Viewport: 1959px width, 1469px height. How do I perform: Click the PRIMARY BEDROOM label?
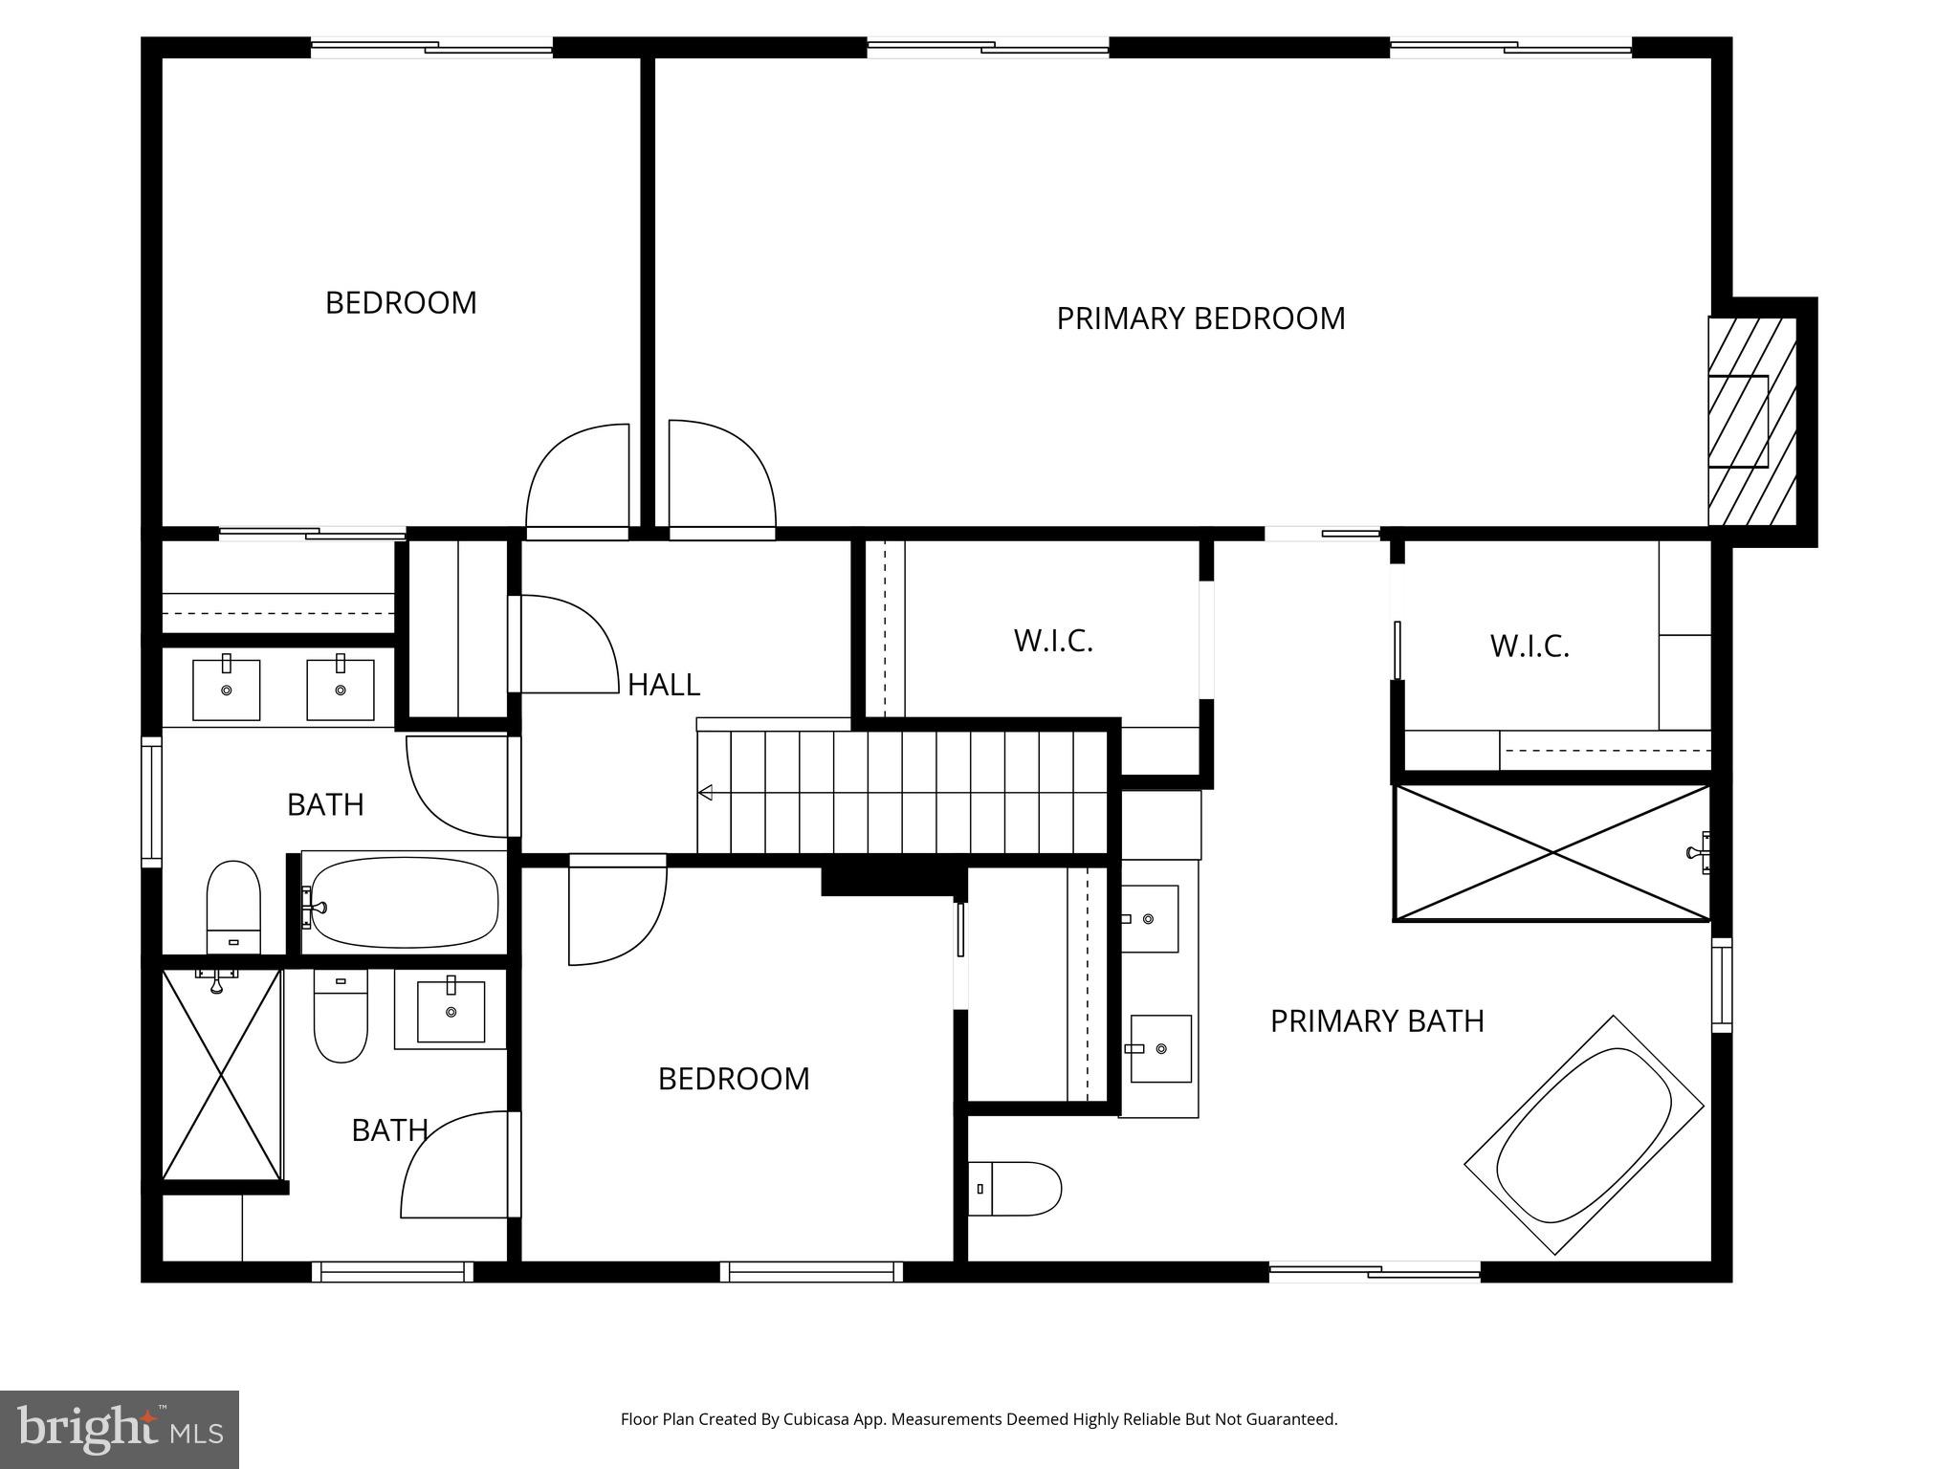pyautogui.click(x=1200, y=318)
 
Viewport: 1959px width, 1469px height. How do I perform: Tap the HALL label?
pyautogui.click(x=663, y=685)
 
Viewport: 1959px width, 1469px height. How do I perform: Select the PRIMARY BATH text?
pyautogui.click(x=1376, y=1021)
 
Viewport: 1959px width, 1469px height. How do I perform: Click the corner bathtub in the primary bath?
pyautogui.click(x=1583, y=1135)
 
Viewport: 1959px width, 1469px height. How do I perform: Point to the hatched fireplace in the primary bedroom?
pyautogui.click(x=1751, y=422)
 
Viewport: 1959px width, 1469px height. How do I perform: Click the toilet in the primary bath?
pyautogui.click(x=1014, y=1189)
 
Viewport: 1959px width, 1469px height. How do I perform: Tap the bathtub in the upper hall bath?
pyautogui.click(x=404, y=902)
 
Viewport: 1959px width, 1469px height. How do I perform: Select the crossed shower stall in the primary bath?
pyautogui.click(x=1551, y=852)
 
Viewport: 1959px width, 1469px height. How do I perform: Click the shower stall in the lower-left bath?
pyautogui.click(x=222, y=1073)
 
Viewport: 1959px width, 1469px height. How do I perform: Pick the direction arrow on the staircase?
pyautogui.click(x=706, y=792)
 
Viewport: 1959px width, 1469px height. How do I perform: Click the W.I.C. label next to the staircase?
pyautogui.click(x=1052, y=641)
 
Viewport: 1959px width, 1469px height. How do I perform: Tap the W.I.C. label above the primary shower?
pyautogui.click(x=1529, y=647)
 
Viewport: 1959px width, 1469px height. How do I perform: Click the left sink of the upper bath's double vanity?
pyautogui.click(x=227, y=689)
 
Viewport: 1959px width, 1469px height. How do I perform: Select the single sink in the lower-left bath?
pyautogui.click(x=451, y=1011)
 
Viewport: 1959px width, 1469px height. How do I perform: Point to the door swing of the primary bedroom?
pyautogui.click(x=719, y=474)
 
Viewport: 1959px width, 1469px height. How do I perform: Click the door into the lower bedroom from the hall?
pyautogui.click(x=617, y=913)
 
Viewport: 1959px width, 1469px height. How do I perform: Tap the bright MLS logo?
pyautogui.click(x=119, y=1429)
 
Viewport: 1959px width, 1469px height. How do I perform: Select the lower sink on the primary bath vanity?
pyautogui.click(x=1160, y=1048)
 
